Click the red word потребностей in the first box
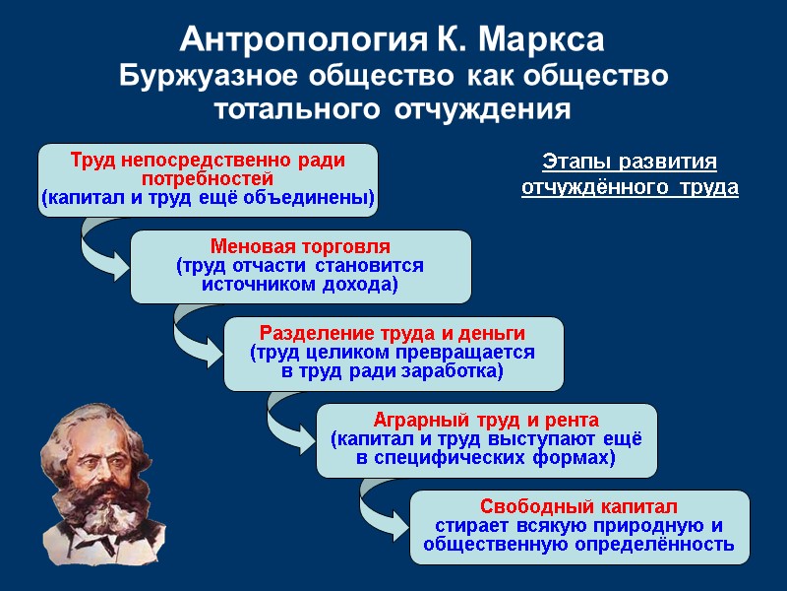coord(207,178)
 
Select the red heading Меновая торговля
coord(300,245)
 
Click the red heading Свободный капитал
coord(579,506)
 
